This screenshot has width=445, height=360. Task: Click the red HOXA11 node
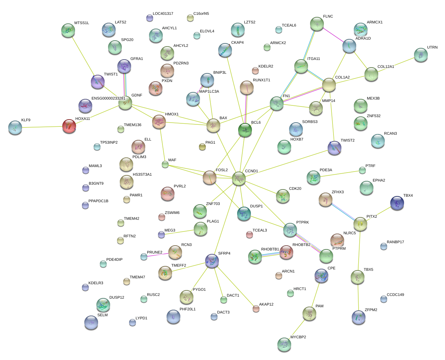69,126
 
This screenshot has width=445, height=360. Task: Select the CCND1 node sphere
239,178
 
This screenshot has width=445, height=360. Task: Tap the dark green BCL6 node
245,130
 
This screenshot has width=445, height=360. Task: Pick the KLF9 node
15,127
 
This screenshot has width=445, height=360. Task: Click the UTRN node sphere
421,54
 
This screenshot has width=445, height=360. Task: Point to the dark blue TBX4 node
397,203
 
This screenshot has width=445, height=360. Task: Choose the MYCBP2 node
284,344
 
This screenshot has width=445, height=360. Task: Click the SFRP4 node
212,261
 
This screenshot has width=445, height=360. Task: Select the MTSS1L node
68,30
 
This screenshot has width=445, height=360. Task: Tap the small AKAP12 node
256,308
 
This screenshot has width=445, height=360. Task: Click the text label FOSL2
222,170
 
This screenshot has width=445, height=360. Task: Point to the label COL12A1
385,67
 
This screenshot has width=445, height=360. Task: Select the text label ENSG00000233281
108,99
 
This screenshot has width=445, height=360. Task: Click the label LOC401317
163,14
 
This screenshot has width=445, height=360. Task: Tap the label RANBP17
395,242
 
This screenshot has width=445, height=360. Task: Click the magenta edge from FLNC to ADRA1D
333,34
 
